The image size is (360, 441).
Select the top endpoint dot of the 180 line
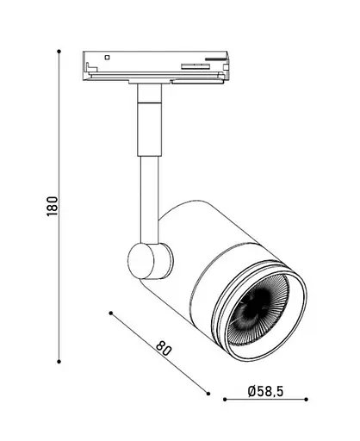(x=58, y=51)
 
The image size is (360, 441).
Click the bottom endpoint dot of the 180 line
(x=58, y=362)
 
